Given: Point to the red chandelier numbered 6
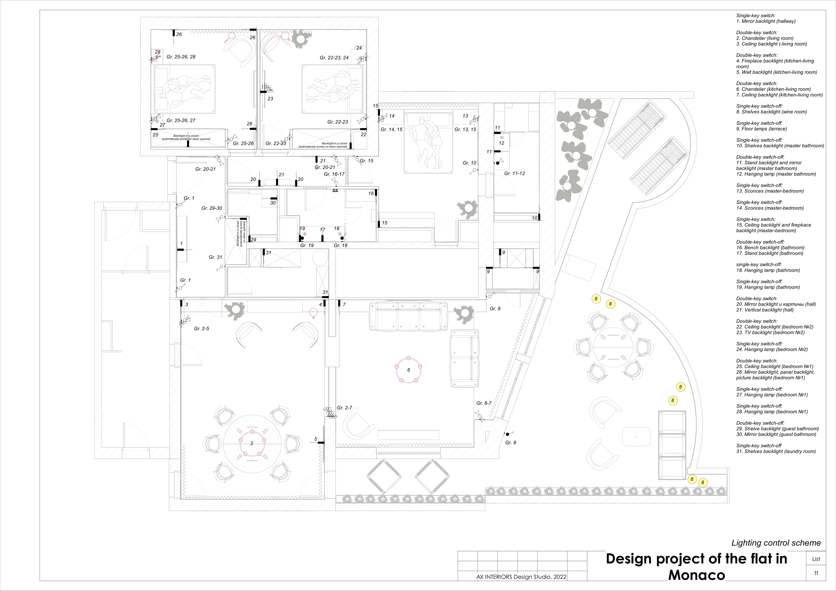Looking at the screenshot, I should point(409,370).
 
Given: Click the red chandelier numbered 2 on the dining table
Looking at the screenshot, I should point(252,443).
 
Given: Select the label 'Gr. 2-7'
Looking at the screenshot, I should point(345,408).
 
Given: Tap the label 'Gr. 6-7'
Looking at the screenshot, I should point(484,403).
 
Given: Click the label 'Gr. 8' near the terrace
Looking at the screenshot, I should point(510,442).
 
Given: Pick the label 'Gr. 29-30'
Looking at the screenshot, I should point(212,208).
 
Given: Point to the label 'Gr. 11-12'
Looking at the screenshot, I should point(514,174).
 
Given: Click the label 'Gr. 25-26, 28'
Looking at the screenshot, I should point(181,57).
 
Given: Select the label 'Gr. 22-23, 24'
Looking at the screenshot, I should point(334,58).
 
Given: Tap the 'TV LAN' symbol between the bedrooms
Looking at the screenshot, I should point(269,88).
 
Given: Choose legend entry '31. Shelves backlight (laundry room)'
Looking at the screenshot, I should point(776,451).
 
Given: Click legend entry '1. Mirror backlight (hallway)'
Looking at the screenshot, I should point(766,21).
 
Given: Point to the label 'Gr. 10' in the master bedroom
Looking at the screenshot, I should point(469,163).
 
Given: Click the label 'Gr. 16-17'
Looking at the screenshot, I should point(334,174).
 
